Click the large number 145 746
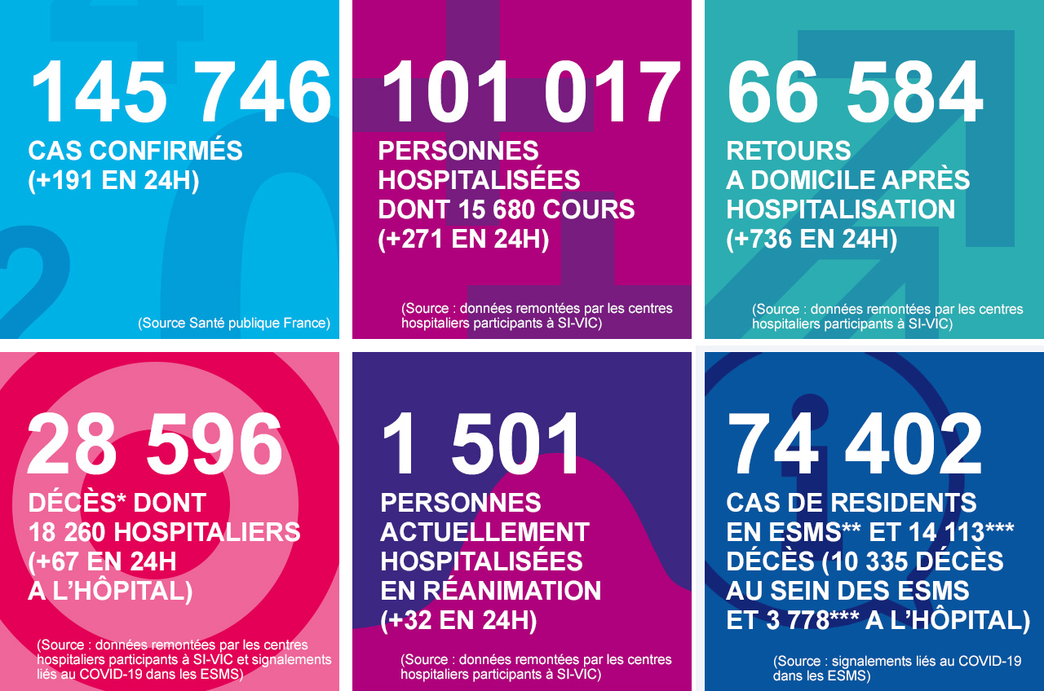[x=181, y=93]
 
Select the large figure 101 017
[x=530, y=93]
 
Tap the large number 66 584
[x=855, y=93]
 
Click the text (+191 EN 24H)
[x=113, y=181]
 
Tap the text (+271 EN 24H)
[x=463, y=240]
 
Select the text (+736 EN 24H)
[x=812, y=240]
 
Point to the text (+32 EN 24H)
[x=458, y=621]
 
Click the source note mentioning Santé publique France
[x=234, y=323]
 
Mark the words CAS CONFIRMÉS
[x=135, y=152]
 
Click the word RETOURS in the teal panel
[x=789, y=152]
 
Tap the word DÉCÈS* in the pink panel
[x=74, y=504]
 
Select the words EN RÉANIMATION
[x=491, y=592]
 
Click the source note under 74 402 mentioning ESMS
[x=897, y=669]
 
